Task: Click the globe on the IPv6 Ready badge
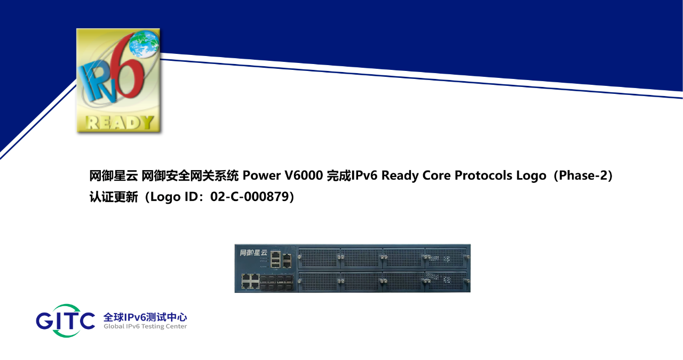point(144,44)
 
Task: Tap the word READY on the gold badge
point(120,123)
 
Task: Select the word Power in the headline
point(261,175)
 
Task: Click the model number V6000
point(304,175)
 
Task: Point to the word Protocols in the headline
point(483,175)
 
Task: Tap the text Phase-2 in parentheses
point(583,175)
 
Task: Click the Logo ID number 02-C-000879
point(250,197)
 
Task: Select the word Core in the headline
point(436,175)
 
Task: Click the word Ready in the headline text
point(400,176)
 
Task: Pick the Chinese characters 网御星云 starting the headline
point(114,176)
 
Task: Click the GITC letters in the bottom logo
point(65,321)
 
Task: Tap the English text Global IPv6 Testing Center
point(145,326)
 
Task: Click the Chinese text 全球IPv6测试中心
point(145,317)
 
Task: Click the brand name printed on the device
point(253,253)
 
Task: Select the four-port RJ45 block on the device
point(250,281)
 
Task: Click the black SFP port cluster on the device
point(277,282)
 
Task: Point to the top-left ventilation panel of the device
point(319,258)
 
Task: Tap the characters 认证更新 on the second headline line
point(114,197)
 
